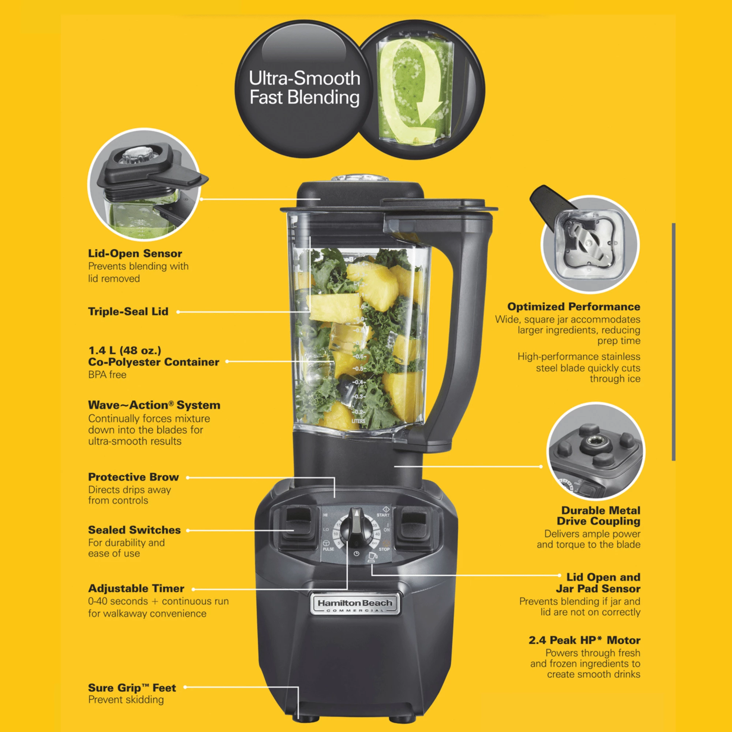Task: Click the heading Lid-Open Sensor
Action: click(x=135, y=254)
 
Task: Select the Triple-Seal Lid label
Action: click(x=128, y=311)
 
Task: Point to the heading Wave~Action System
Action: click(x=154, y=405)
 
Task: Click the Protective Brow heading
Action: click(x=133, y=477)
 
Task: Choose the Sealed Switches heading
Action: click(x=134, y=530)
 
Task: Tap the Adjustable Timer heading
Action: click(x=136, y=589)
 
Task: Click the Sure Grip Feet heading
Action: click(x=132, y=688)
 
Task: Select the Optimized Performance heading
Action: click(x=574, y=306)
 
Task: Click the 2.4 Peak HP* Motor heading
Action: click(x=584, y=640)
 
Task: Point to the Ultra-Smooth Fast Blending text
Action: click(x=304, y=88)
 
